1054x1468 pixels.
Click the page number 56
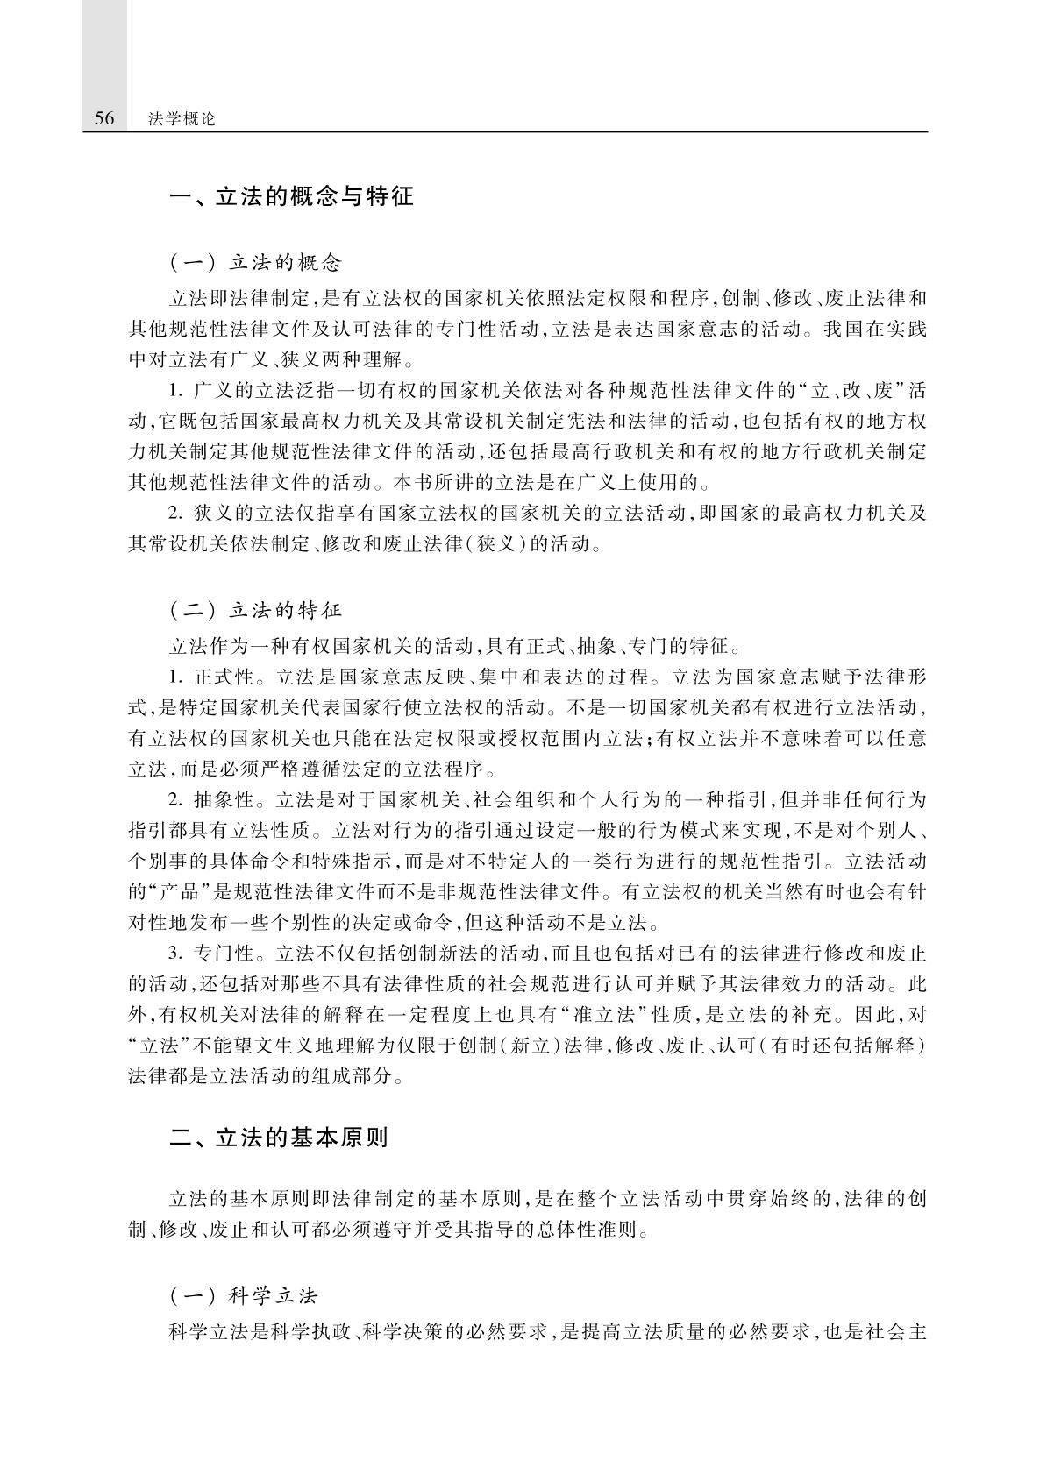pyautogui.click(x=103, y=118)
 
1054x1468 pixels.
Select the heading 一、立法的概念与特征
pyautogui.click(x=291, y=196)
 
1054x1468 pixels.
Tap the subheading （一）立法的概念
pyautogui.click(x=254, y=262)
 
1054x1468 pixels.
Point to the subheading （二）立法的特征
pyautogui.click(x=254, y=609)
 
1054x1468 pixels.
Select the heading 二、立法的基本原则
pyautogui.click(x=279, y=1138)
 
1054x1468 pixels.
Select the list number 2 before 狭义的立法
pyautogui.click(x=174, y=514)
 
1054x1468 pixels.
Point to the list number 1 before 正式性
pyautogui.click(x=174, y=677)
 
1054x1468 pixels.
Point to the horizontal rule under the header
pyautogui.click(x=506, y=132)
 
